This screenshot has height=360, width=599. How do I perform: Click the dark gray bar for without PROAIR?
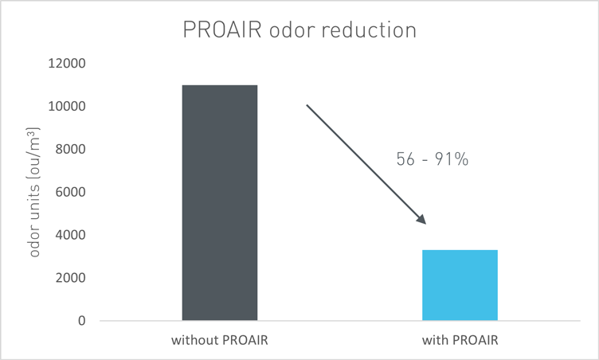(x=220, y=202)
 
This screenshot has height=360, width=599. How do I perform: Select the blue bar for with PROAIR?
(x=460, y=285)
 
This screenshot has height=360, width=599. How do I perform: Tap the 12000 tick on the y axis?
(x=67, y=63)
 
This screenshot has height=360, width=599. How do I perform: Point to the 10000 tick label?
(x=67, y=106)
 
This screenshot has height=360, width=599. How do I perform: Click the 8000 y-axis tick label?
(x=71, y=149)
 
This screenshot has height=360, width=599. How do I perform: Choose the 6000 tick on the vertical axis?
(x=71, y=192)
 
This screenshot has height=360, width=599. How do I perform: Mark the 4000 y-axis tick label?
(x=71, y=235)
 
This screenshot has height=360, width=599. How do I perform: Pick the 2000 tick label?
(x=71, y=277)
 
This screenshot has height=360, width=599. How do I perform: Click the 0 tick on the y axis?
(x=82, y=321)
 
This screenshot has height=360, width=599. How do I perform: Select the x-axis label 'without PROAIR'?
(x=220, y=340)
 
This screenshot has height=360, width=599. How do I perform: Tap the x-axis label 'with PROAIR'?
(x=460, y=340)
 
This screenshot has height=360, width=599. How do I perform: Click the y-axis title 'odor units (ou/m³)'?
(x=34, y=192)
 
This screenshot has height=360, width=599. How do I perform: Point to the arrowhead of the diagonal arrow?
(x=421, y=219)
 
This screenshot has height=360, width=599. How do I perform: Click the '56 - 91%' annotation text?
(x=433, y=159)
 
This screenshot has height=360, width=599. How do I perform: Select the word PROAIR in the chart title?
(x=222, y=29)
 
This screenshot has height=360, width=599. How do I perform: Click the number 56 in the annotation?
(x=405, y=159)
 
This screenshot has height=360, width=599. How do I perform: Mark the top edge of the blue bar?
(x=460, y=250)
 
